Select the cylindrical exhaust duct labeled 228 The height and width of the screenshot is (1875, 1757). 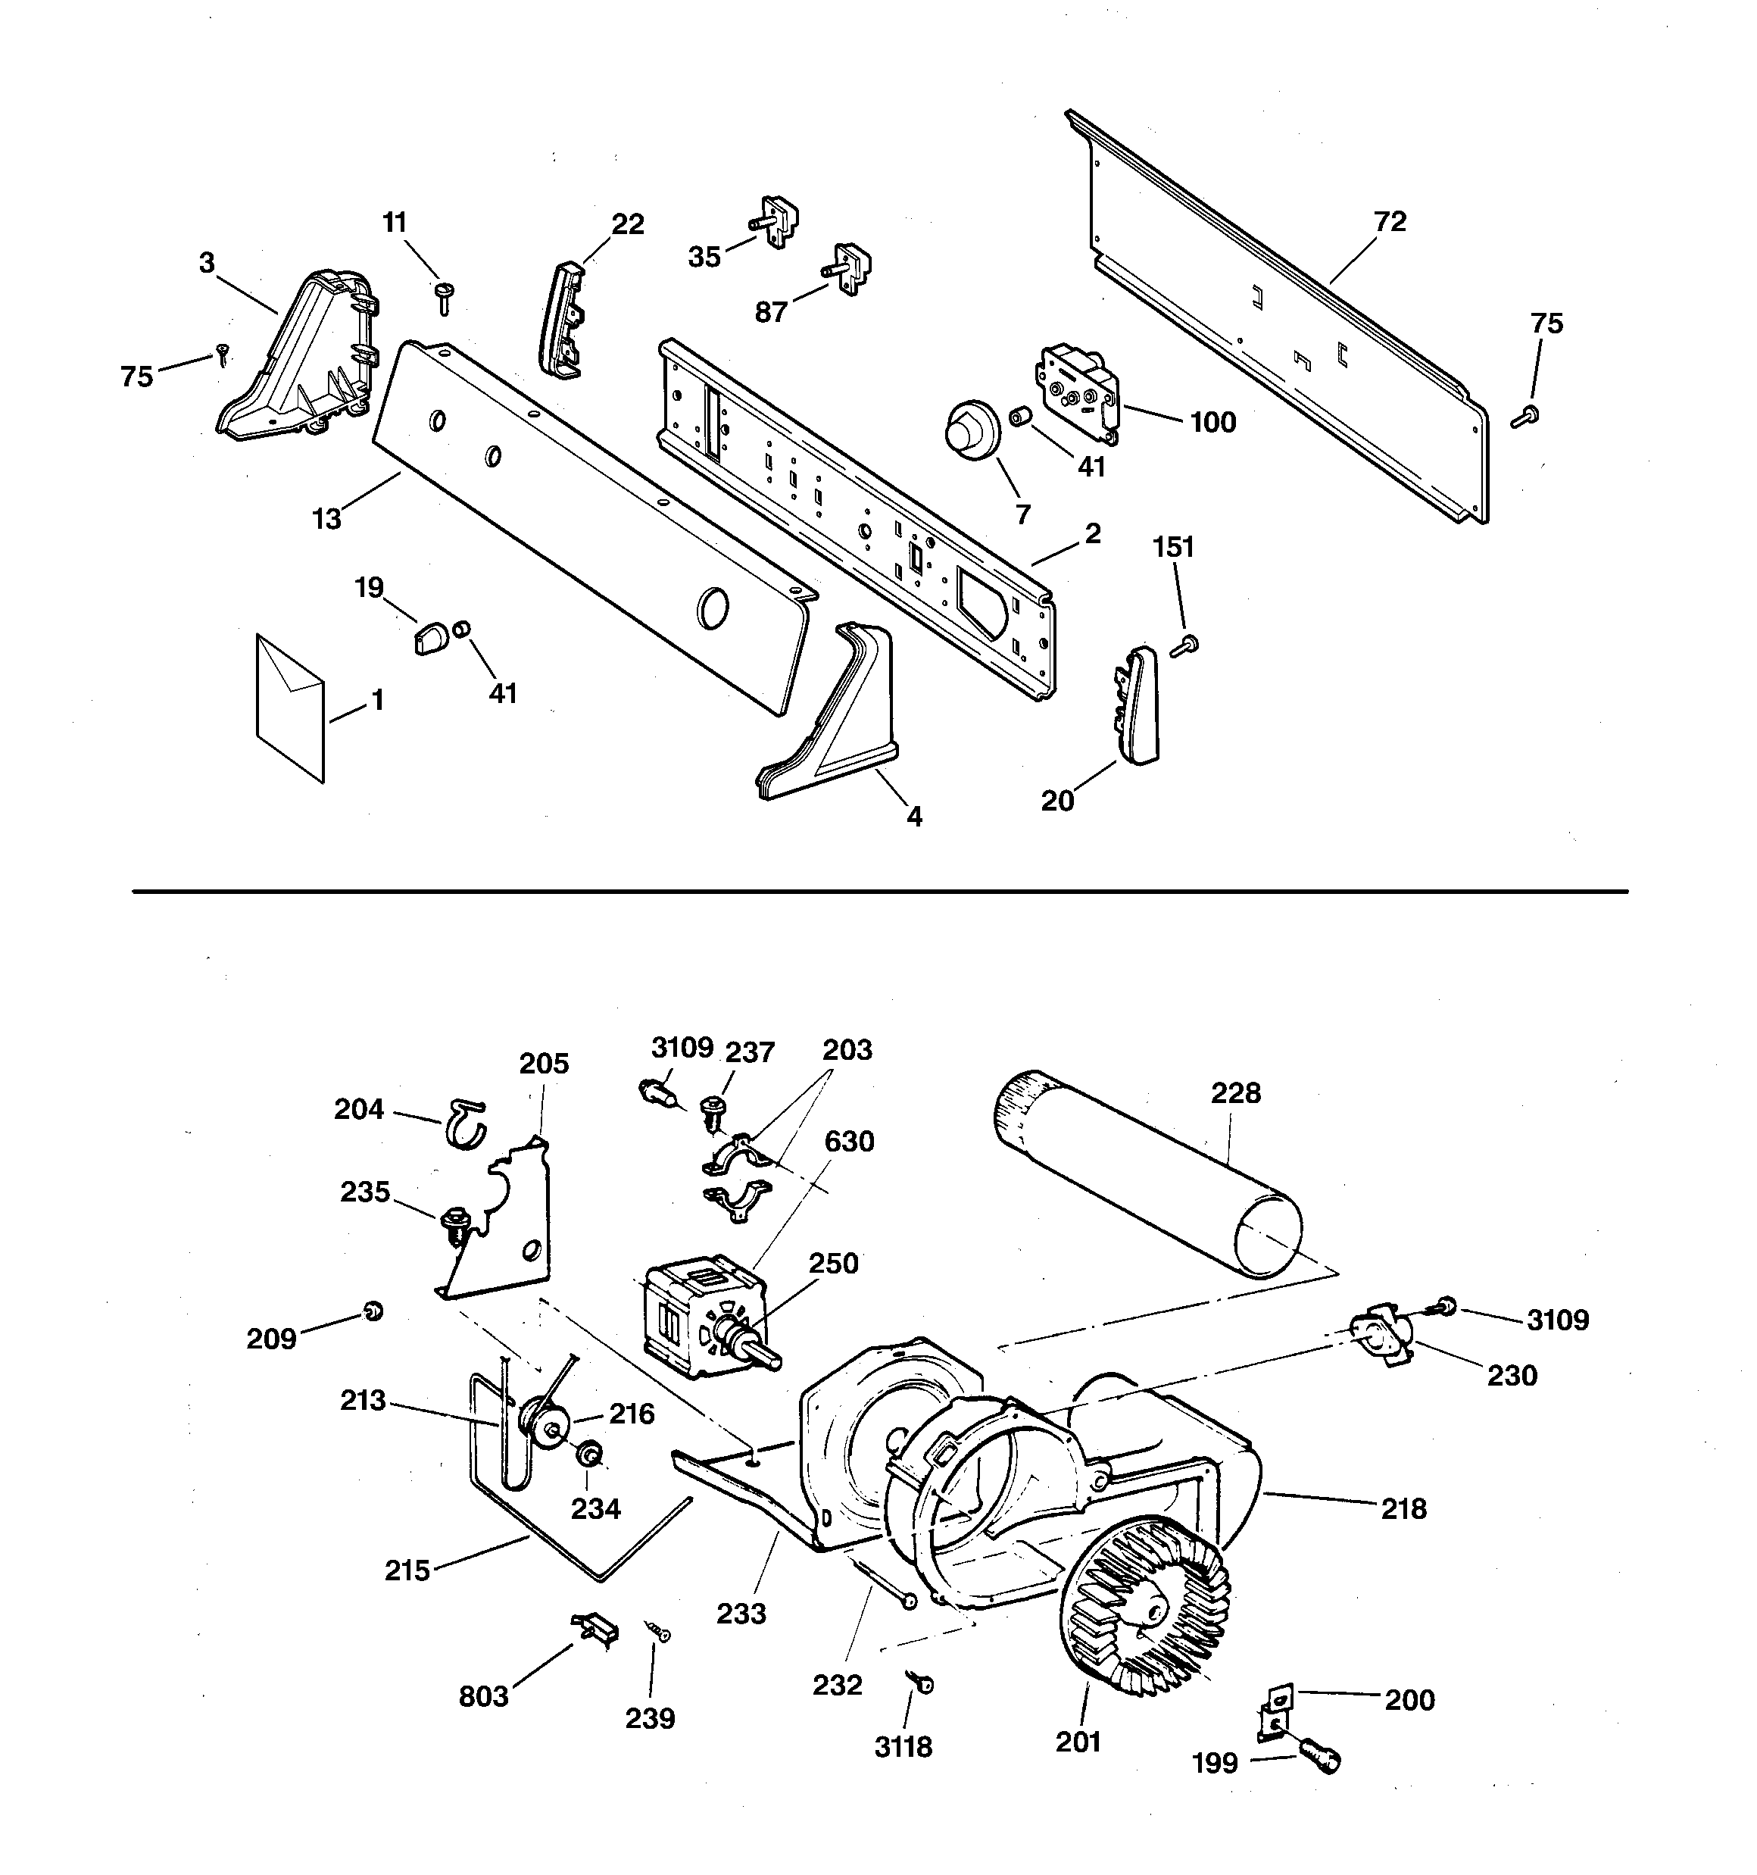1146,1173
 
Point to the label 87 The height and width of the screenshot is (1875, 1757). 770,312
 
